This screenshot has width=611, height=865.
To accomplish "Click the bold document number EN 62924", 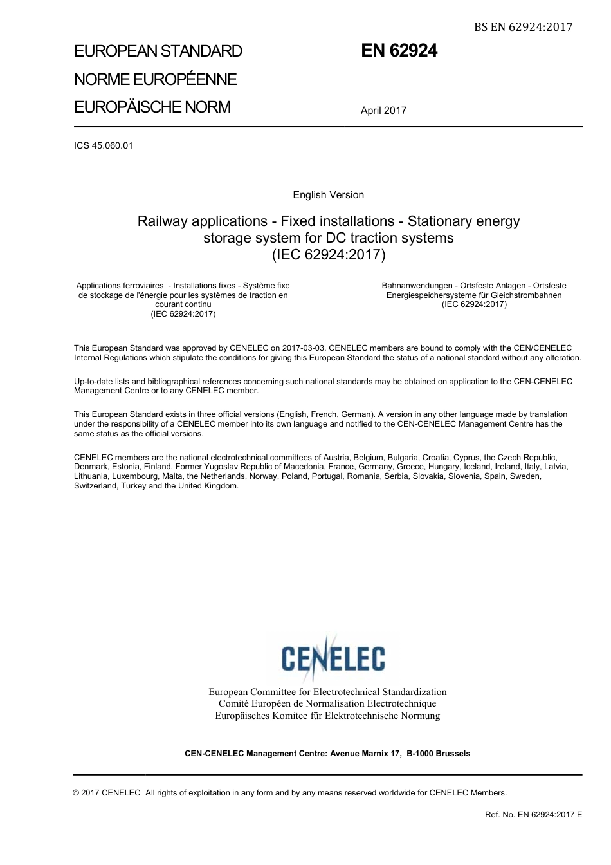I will coord(399,51).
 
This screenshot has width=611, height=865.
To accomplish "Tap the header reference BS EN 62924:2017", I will coord(523,26).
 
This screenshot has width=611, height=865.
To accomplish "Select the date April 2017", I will coord(383,111).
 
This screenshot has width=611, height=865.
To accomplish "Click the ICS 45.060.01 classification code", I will coord(104,145).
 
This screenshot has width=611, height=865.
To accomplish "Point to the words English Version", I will coord(328,195).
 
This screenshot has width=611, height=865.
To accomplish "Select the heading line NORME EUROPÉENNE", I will coord(156,80).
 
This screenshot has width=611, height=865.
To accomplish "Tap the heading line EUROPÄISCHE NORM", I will coord(152,107).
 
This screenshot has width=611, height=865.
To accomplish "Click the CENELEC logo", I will coord(333,656).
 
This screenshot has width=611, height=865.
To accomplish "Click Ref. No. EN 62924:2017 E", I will coord(533,815).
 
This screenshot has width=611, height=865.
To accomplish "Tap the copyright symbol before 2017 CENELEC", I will coord(77,793).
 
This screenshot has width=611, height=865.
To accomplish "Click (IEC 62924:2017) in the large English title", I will coord(328,255).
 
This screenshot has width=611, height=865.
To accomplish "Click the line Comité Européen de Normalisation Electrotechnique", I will coord(327,704).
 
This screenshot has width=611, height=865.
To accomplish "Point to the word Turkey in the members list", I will coord(133,486).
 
